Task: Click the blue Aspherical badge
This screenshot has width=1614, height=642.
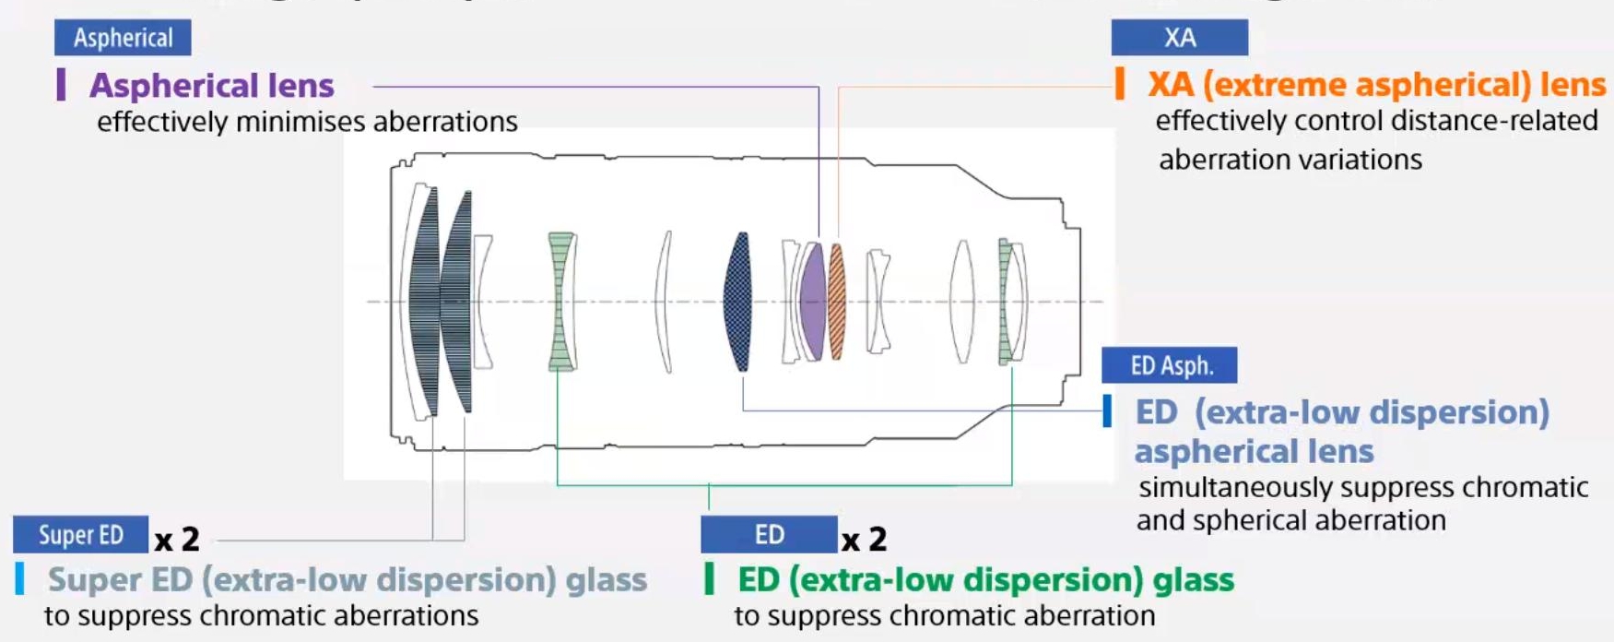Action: (123, 38)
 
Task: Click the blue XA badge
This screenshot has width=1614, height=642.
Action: (1179, 38)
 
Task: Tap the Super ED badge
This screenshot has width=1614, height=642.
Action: (80, 535)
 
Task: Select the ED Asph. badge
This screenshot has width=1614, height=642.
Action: (1170, 365)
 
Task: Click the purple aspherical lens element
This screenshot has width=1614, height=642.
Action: (812, 302)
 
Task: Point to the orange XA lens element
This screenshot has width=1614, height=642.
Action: (837, 302)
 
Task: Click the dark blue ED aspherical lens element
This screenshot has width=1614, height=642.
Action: (738, 302)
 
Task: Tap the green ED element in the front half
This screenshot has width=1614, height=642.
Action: (560, 302)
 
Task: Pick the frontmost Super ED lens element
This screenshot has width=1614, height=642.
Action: (425, 302)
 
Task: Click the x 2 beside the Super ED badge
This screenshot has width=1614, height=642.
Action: (177, 539)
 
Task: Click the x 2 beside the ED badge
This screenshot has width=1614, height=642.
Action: (864, 539)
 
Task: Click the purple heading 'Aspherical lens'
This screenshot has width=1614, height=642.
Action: (211, 86)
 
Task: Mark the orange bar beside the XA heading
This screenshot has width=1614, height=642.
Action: (1120, 83)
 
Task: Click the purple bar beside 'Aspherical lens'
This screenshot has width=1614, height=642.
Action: (61, 84)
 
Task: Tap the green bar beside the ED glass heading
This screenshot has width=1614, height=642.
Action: (709, 578)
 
